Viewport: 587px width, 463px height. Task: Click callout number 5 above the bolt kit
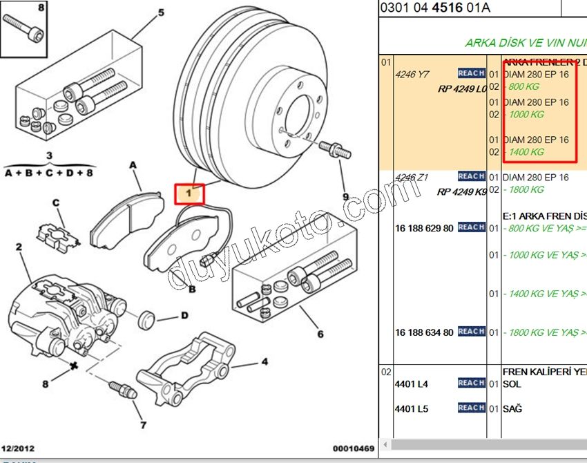coord(162,12)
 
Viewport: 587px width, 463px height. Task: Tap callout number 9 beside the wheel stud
coord(346,196)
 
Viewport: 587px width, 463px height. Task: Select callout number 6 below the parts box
coord(320,334)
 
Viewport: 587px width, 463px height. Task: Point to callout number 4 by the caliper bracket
coord(264,361)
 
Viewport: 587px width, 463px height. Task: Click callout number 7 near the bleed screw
coord(143,425)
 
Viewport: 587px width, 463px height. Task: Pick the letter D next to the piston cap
coord(185,316)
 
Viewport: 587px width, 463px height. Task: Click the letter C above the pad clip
coord(57,202)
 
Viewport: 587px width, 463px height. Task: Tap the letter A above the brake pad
coord(133,165)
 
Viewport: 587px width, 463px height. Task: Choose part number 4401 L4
coord(412,384)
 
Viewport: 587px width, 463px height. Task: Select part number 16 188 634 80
coord(424,332)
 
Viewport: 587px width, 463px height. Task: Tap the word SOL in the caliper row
coord(512,384)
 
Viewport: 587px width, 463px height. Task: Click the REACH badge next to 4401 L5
coord(471,408)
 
